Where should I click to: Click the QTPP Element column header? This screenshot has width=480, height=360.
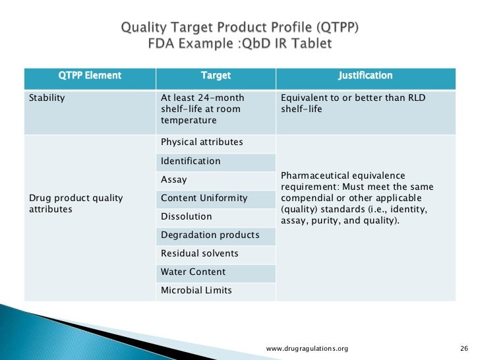point(90,76)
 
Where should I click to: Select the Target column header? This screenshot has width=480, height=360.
point(216,76)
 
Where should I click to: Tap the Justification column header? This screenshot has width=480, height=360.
point(365,76)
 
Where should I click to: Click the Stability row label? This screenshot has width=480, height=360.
point(47,98)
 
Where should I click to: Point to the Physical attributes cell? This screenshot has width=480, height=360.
point(202,142)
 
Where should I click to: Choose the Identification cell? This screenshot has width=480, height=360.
point(191,161)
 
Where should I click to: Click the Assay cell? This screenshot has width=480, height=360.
point(174,179)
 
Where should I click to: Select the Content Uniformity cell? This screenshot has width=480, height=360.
point(204,198)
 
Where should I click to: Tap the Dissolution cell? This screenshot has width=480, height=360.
point(187,216)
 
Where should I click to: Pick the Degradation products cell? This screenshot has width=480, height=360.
point(210,235)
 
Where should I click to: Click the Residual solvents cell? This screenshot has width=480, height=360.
point(200,253)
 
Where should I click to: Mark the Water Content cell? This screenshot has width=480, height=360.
point(193,272)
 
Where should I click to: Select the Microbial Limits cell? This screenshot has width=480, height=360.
point(196,290)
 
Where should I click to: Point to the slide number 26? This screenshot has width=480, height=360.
point(462,348)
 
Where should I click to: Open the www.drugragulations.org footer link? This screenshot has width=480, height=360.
point(307,348)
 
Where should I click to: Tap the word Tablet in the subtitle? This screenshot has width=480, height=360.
point(315,44)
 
